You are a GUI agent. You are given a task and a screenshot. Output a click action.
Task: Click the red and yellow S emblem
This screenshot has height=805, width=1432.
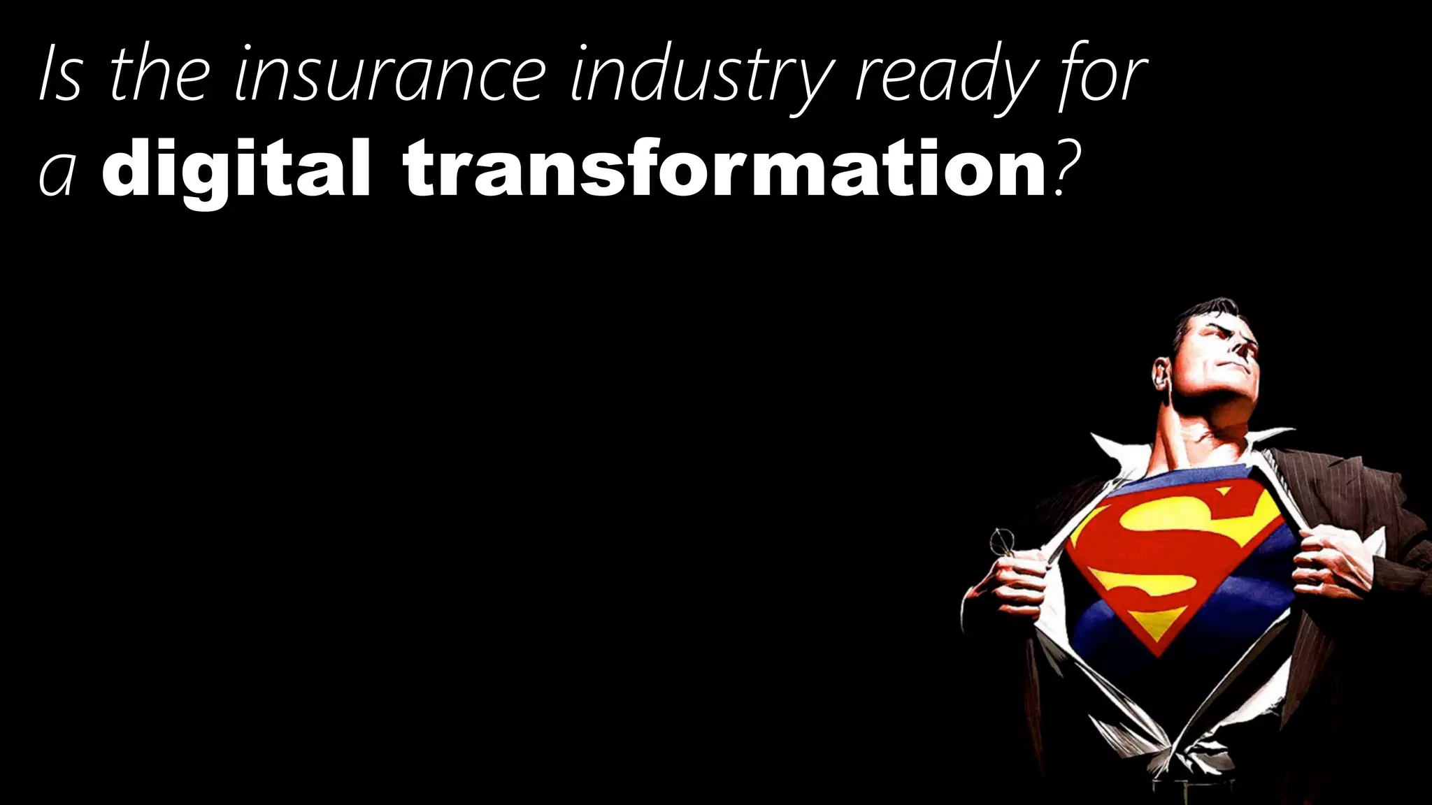tap(1175, 559)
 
